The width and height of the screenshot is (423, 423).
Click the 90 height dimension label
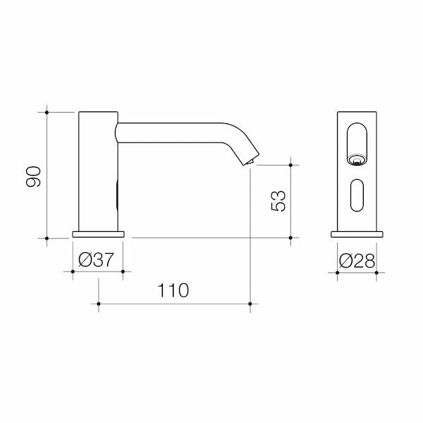33,176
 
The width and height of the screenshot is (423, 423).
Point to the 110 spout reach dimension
173,290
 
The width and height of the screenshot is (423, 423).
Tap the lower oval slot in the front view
357,195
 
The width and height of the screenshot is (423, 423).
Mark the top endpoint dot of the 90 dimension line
47,111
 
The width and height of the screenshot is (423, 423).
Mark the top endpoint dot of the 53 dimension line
290,165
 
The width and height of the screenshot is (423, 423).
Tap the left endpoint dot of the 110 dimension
98,305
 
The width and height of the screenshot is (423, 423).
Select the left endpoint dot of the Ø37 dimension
73,271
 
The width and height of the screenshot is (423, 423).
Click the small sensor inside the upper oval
357,160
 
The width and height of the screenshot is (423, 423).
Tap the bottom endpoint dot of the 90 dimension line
47,238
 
